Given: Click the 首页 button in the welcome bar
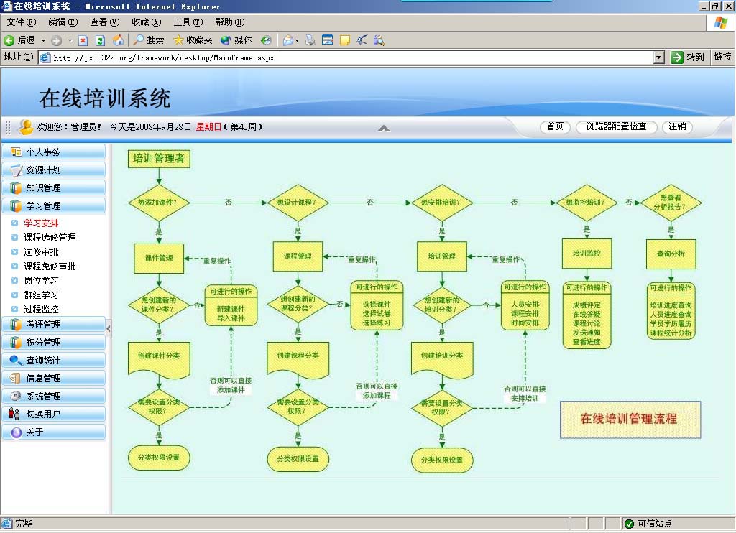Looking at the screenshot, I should tap(555, 127).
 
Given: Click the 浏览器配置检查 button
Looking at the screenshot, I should tap(616, 127).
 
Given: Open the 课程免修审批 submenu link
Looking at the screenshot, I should tap(50, 266).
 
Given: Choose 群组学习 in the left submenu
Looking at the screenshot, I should tap(41, 295).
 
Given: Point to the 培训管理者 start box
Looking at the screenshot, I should tap(159, 159).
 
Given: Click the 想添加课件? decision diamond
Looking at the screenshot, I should tap(159, 203).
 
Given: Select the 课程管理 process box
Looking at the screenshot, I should tap(298, 256).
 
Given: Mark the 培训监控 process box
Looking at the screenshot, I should tap(586, 254).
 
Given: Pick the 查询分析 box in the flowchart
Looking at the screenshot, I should tap(671, 254).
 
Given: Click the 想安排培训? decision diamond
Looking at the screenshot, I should tap(441, 203).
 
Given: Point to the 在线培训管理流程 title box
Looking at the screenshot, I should tap(630, 420).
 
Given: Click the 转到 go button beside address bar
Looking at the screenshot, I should tap(688, 57).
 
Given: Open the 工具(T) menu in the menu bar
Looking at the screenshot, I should tap(187, 22).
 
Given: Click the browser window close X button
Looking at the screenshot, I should tap(727, 6).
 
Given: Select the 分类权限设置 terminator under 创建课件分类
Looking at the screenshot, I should tap(159, 458).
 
